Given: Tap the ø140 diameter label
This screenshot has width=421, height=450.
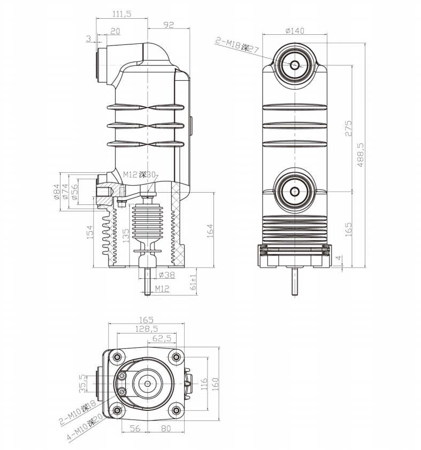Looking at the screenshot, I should tap(295, 30).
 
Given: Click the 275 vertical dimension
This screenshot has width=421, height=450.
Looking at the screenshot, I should tap(348, 128).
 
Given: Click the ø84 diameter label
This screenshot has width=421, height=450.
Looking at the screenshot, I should tap(57, 190).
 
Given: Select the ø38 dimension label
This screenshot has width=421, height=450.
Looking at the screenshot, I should tap(167, 275).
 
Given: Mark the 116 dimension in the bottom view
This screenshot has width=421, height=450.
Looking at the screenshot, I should tap(204, 383).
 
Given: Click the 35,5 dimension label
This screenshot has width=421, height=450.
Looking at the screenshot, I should tap(82, 383).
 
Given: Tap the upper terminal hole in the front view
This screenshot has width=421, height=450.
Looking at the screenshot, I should tap(295, 65).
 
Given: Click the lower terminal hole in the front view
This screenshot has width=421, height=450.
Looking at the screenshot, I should tap(295, 192).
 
